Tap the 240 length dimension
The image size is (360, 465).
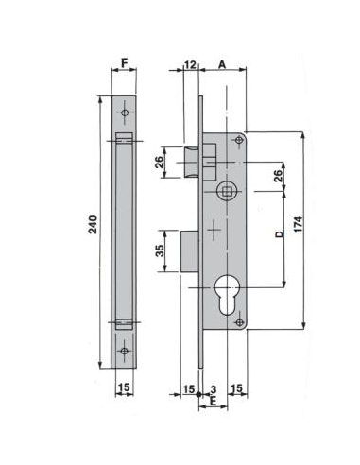(93, 225)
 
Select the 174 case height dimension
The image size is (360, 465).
(298, 224)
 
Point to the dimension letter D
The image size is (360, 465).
(279, 234)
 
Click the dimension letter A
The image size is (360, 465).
(222, 64)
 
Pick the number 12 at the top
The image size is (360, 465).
(190, 64)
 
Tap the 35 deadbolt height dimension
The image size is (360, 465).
(160, 250)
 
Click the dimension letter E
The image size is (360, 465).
(213, 401)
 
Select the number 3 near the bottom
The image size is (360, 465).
(214, 389)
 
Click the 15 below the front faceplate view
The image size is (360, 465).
(125, 387)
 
